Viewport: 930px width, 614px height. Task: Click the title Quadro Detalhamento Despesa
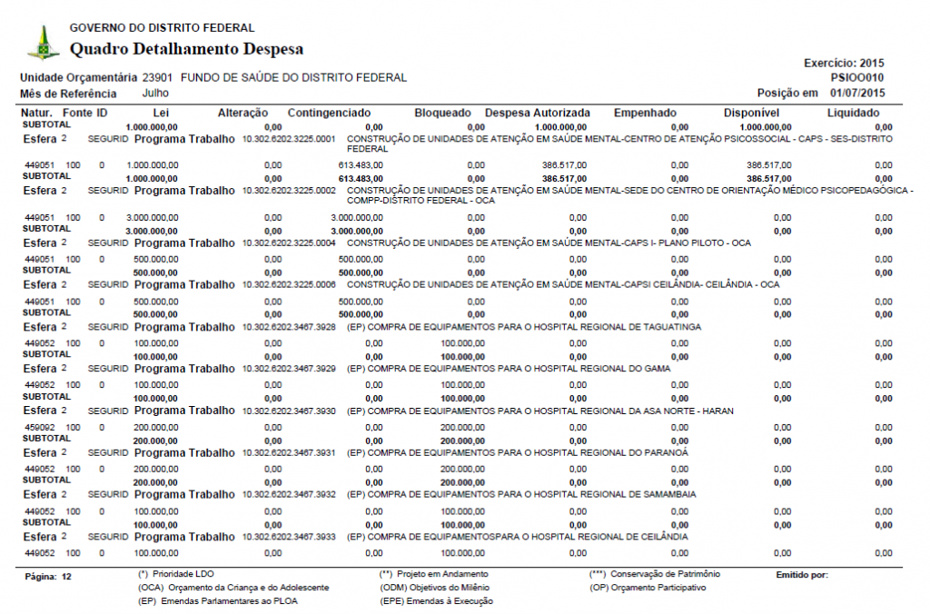tap(186, 49)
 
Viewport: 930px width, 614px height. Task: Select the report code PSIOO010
tap(857, 78)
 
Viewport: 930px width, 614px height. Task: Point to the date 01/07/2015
tap(857, 94)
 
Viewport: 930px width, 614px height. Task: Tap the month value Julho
tap(155, 94)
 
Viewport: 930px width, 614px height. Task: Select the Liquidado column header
tap(853, 113)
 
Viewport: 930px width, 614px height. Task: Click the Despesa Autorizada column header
tap(538, 113)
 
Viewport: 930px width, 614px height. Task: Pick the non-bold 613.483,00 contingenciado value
tap(363, 165)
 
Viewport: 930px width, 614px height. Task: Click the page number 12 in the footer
tap(66, 577)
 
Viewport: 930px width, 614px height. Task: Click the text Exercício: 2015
tap(844, 64)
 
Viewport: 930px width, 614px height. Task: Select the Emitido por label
tap(802, 575)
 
